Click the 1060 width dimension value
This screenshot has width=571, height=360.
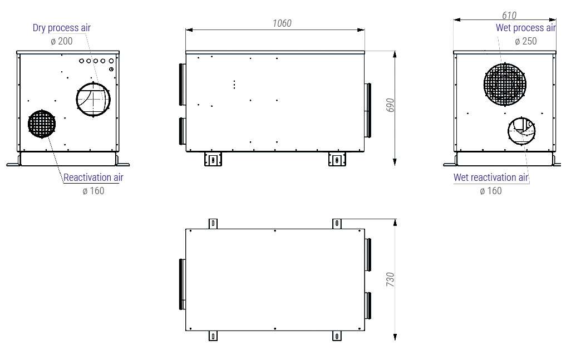click(282, 23)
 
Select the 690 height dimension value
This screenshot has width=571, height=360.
click(390, 105)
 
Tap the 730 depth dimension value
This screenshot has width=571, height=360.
click(390, 279)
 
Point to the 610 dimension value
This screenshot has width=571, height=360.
click(509, 15)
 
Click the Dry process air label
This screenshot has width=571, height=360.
click(62, 28)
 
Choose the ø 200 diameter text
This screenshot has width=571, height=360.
click(62, 41)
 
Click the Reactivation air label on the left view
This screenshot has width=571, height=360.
click(93, 177)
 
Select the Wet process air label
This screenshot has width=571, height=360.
click(526, 28)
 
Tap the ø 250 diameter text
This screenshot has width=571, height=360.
click(526, 41)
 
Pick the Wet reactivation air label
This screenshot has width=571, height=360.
click(490, 177)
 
